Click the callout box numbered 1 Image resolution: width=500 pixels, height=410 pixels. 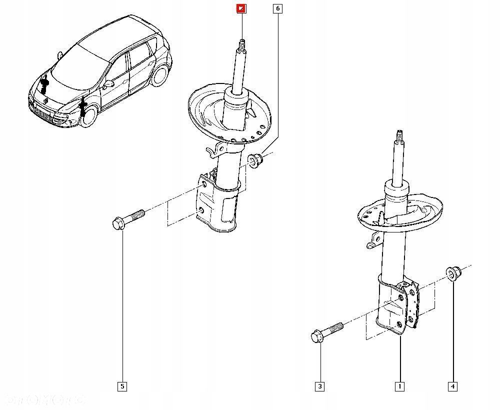(x=399, y=386)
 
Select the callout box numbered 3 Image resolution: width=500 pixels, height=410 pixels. (x=319, y=386)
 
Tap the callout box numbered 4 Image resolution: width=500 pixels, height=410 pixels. (x=452, y=386)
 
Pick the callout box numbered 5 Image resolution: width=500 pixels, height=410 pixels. (x=122, y=386)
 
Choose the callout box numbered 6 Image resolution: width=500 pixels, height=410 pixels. (x=277, y=8)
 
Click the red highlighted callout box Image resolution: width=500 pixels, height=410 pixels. (x=241, y=8)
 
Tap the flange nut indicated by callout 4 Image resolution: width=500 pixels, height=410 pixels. (x=453, y=273)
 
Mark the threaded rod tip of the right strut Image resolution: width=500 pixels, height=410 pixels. (x=399, y=136)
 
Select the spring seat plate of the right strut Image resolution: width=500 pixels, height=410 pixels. (x=400, y=212)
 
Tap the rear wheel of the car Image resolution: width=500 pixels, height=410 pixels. (x=160, y=74)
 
